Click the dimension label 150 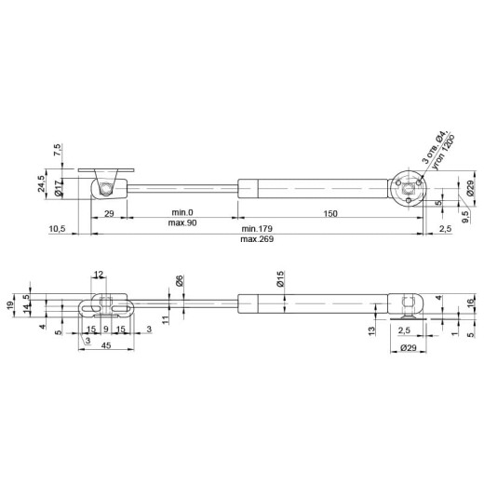(330, 213)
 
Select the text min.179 (257, 229)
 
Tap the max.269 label (257, 239)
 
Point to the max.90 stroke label (182, 222)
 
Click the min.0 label (182, 212)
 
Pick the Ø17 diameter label (59, 188)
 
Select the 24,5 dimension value (41, 183)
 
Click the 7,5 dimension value (58, 150)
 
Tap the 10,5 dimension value (57, 229)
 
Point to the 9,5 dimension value (465, 217)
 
